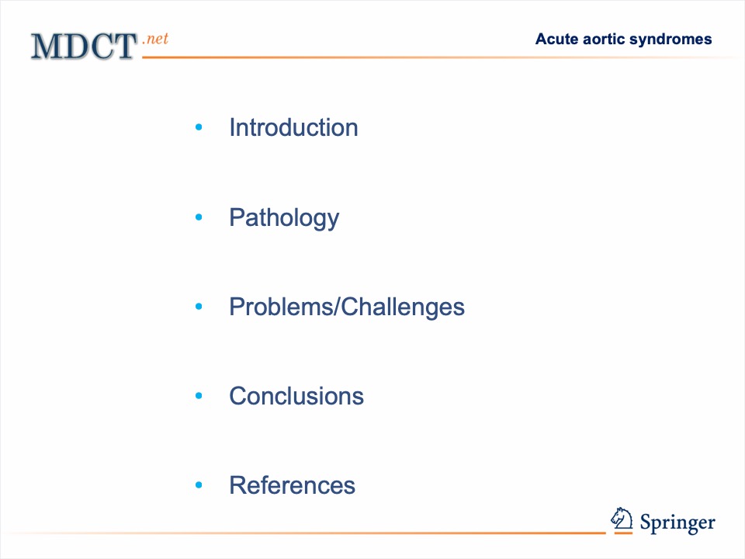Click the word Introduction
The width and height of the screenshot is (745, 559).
pyautogui.click(x=293, y=127)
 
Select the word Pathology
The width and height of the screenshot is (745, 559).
pyautogui.click(x=284, y=218)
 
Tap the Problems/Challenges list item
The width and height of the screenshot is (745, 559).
pyautogui.click(x=347, y=307)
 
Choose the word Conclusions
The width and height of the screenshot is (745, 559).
pyautogui.click(x=296, y=396)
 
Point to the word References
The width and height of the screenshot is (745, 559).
pyautogui.click(x=293, y=485)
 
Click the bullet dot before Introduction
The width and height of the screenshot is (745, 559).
pyautogui.click(x=199, y=127)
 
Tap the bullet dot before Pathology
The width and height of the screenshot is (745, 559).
pyautogui.click(x=199, y=217)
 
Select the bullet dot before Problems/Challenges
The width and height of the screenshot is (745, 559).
pyautogui.click(x=199, y=307)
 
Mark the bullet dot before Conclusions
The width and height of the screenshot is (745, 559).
pyautogui.click(x=199, y=395)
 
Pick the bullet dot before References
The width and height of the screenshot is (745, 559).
pyautogui.click(x=199, y=484)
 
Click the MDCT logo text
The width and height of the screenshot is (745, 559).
pyautogui.click(x=84, y=47)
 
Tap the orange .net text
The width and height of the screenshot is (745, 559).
pyautogui.click(x=155, y=39)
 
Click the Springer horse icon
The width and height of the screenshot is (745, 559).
pyautogui.click(x=622, y=519)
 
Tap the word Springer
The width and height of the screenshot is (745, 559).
pyautogui.click(x=677, y=523)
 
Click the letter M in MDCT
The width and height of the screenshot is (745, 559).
pyautogui.click(x=47, y=47)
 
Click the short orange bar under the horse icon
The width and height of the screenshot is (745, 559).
pyautogui.click(x=623, y=533)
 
